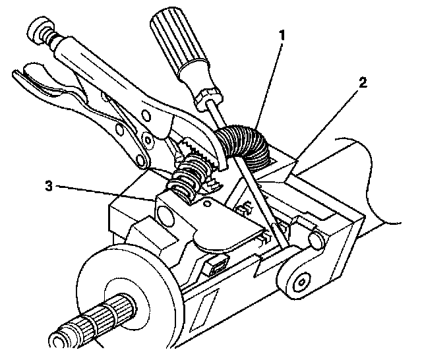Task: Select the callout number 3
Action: pos(47,186)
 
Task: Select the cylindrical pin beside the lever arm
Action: pos(316,238)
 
